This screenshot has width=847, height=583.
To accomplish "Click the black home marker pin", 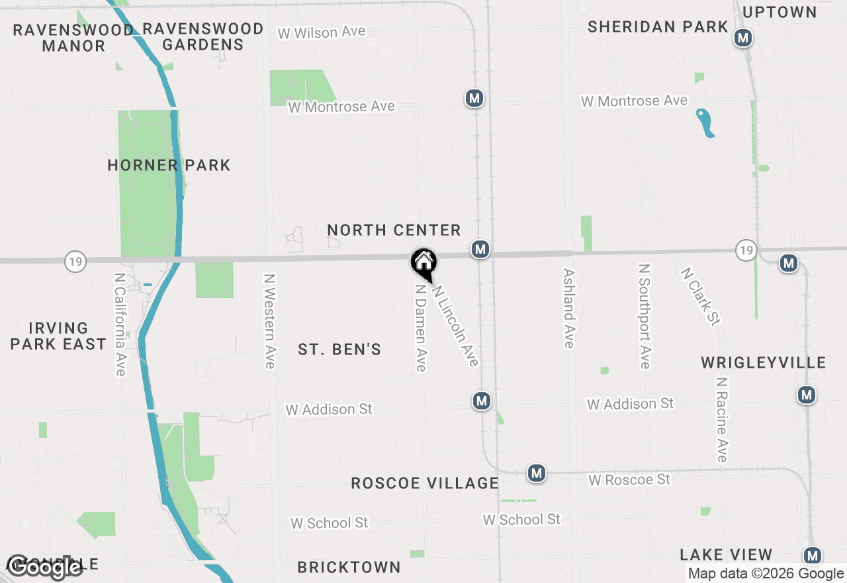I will pos(423,263).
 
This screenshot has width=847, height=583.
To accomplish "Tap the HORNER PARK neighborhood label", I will pos(169,165).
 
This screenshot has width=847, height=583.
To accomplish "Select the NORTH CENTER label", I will pos(394,230).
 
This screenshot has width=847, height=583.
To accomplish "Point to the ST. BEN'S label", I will pos(339,349).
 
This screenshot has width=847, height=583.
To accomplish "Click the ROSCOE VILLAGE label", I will pos(424,483).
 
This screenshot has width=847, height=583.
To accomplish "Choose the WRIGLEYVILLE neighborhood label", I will pos(764,362).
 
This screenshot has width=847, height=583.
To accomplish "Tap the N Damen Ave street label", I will pos(420,327).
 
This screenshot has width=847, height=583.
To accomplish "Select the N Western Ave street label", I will pos(269,321).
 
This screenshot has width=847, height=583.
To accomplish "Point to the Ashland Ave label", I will pos(568,307).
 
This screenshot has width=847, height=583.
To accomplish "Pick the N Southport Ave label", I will pos(644,315).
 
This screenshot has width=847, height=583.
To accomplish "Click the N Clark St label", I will pos(700,297).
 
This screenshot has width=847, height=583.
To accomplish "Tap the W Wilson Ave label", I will pos(321,32).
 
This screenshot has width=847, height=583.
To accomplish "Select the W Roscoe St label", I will pos(629,479).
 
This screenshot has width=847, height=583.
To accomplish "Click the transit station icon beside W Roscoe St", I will pos(537,473).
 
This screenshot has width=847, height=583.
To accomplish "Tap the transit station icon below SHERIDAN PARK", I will pos(743,38).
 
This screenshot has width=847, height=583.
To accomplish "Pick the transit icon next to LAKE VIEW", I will pos(813,556).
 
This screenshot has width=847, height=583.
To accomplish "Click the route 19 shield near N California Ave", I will pos(75,262).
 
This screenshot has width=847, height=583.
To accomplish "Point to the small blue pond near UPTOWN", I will pos(705,123).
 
